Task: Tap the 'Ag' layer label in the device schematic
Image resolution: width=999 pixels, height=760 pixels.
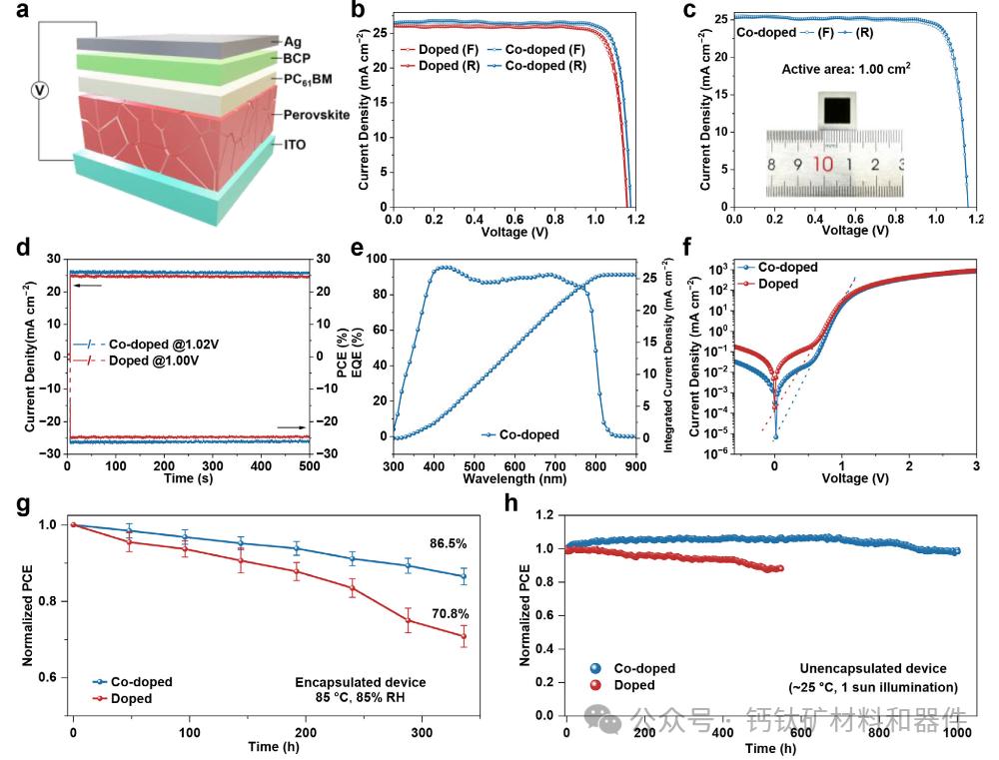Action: [293, 41]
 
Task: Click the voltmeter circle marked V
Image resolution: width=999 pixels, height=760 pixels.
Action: [40, 91]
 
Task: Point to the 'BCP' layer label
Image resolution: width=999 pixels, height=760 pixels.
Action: [298, 59]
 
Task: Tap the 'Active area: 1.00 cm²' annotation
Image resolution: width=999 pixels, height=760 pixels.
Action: [840, 69]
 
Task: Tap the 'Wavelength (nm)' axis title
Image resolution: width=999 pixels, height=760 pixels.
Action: [514, 478]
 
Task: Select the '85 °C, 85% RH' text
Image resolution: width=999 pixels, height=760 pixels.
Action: [361, 698]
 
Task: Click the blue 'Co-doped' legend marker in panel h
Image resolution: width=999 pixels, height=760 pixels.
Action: [596, 668]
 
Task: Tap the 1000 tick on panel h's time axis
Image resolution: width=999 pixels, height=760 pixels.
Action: [957, 731]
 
